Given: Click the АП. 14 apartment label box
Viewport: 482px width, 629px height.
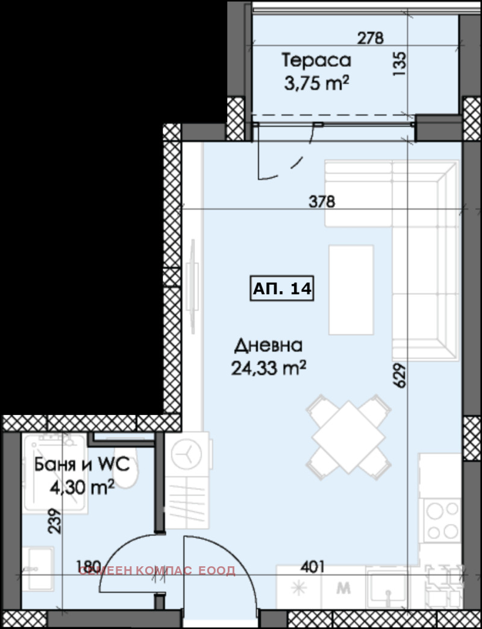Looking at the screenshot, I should (281, 288).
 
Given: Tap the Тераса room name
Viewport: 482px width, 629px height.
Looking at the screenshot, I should (316, 61).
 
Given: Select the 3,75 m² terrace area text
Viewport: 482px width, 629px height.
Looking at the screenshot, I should (316, 83).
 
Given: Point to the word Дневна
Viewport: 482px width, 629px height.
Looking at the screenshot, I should (268, 346).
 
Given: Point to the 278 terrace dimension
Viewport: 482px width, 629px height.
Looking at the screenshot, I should (371, 39).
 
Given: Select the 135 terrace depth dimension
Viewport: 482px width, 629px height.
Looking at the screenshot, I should (399, 64).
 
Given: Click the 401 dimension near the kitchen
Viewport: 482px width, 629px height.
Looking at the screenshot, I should (312, 566).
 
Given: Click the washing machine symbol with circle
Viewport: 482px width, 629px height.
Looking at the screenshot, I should (187, 454).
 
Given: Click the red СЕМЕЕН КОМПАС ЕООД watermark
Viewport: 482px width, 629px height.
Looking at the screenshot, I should (157, 571).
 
